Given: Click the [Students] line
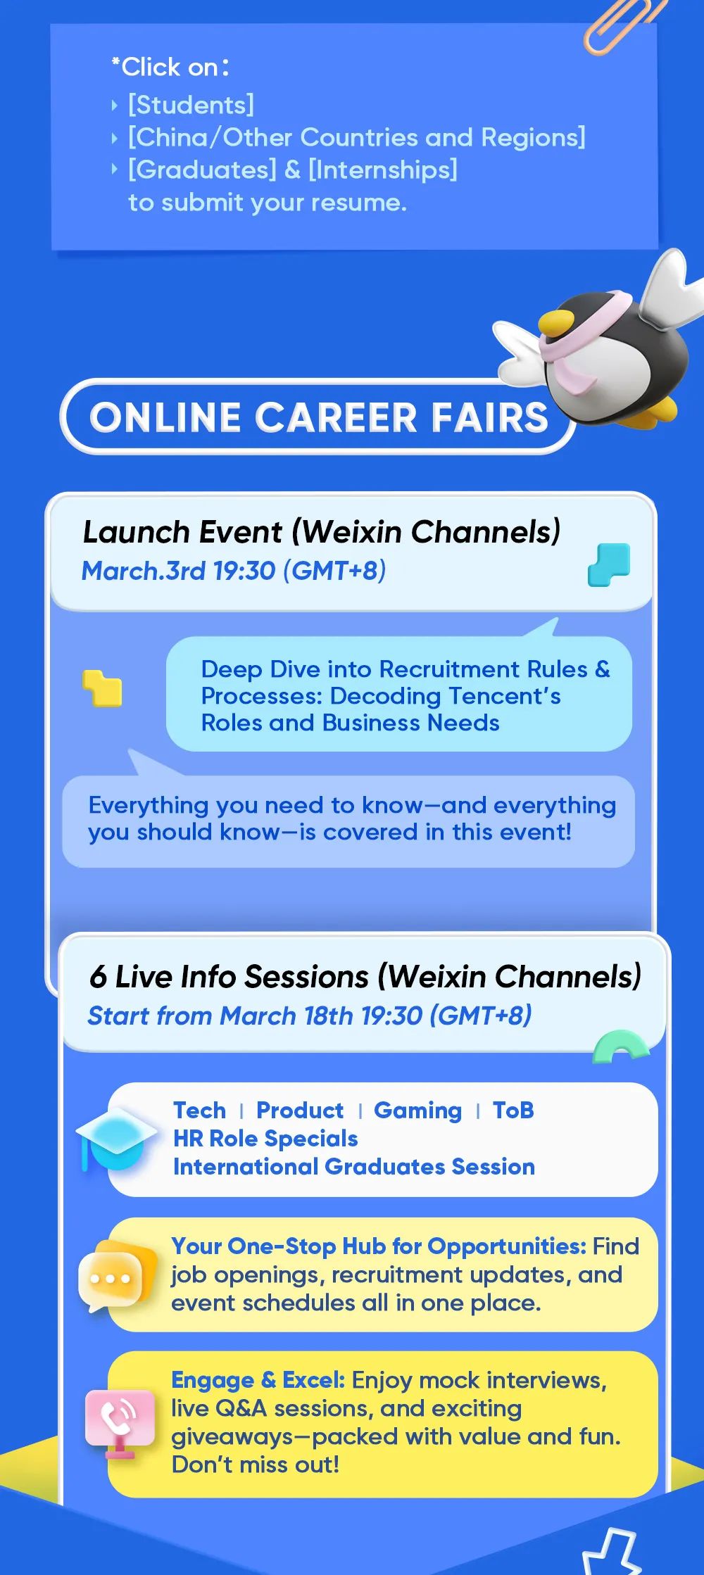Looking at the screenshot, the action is pyautogui.click(x=191, y=106).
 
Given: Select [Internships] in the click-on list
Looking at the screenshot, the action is pyautogui.click(x=383, y=170).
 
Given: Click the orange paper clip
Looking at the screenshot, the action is pyautogui.click(x=622, y=27).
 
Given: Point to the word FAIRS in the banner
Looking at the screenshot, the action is pyautogui.click(x=489, y=417).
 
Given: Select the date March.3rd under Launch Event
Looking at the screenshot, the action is pyautogui.click(x=144, y=571).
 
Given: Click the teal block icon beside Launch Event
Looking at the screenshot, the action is pyautogui.click(x=609, y=564).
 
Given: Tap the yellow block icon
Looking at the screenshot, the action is pyautogui.click(x=102, y=688).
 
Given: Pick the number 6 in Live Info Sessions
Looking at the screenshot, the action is pyautogui.click(x=98, y=977).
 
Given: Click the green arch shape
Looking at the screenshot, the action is pyautogui.click(x=620, y=1046).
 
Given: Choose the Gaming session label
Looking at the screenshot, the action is pyautogui.click(x=417, y=1111).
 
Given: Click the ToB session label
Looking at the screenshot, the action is pyautogui.click(x=513, y=1111).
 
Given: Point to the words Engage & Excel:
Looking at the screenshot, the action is pyautogui.click(x=258, y=1380).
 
